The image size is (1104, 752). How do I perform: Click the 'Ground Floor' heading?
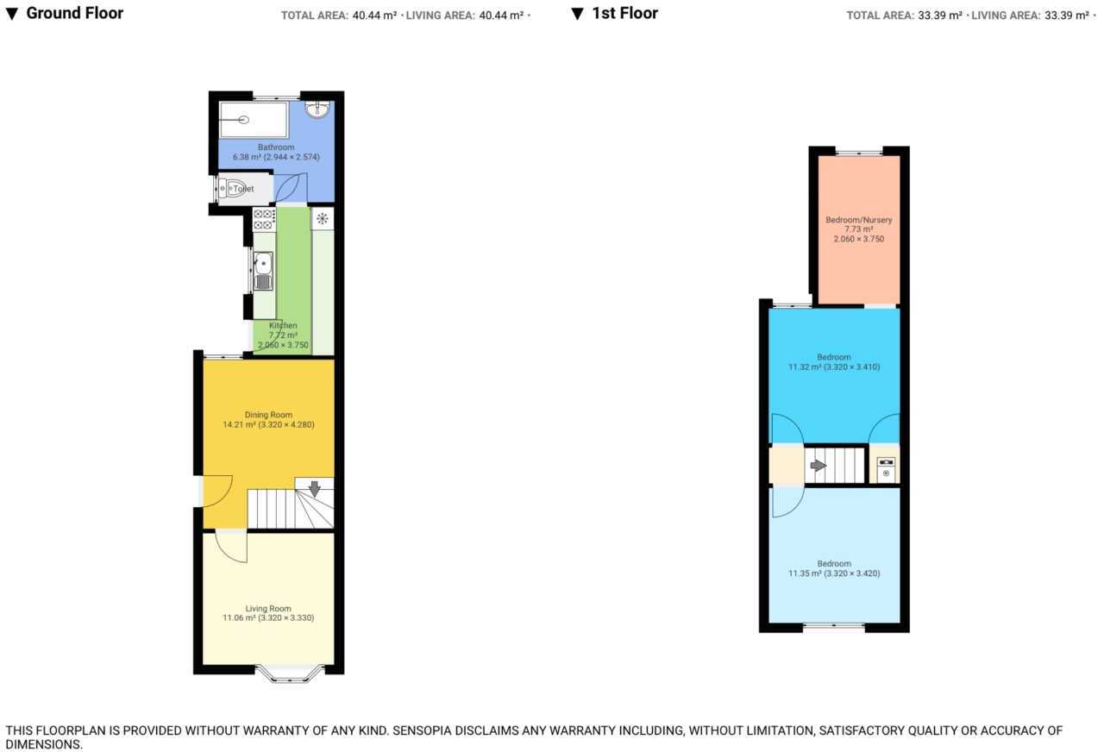[74, 13]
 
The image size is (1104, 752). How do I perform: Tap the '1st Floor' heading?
[624, 13]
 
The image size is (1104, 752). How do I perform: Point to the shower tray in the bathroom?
[254, 120]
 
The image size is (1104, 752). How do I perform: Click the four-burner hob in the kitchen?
[264, 220]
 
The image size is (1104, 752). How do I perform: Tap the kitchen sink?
[264, 270]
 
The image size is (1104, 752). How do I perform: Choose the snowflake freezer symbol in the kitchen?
[323, 218]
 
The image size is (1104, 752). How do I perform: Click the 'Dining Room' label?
[268, 415]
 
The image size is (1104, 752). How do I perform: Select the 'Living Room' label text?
[268, 608]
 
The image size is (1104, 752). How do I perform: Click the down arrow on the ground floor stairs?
[314, 488]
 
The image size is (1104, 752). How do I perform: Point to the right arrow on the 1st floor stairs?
[818, 465]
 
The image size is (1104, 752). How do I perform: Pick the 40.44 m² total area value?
[374, 16]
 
